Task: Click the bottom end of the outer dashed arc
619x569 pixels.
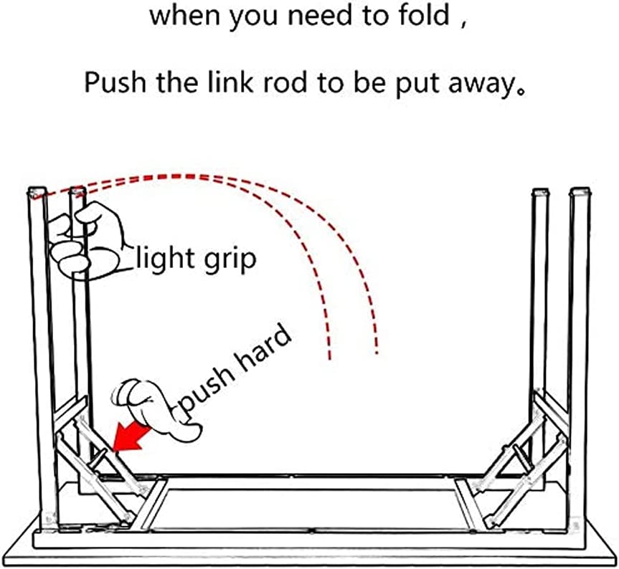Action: (376, 351)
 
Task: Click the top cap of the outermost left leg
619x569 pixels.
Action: (36, 193)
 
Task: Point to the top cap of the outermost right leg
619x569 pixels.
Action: (580, 192)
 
